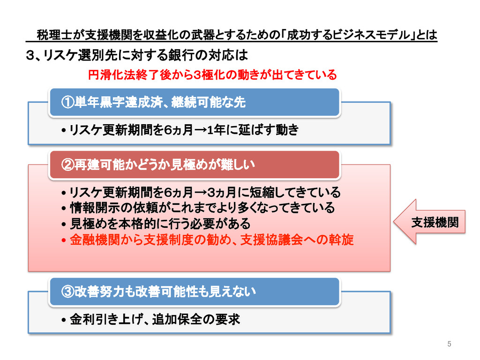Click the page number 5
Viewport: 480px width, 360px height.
tap(449, 345)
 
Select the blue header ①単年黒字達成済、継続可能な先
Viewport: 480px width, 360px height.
tap(195, 102)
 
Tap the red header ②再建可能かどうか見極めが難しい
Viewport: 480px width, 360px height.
tap(195, 165)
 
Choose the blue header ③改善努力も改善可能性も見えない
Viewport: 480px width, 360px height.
tap(195, 292)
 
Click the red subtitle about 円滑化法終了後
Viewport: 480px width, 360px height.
tap(212, 75)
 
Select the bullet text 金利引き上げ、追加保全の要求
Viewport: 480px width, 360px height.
tap(155, 320)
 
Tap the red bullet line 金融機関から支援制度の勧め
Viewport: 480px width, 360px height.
tap(211, 240)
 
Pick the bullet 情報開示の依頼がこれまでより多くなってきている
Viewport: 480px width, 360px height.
tap(202, 208)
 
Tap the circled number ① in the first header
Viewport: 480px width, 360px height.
tap(67, 102)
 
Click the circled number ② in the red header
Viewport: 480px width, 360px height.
tap(67, 165)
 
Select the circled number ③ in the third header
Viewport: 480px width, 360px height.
tap(67, 292)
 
